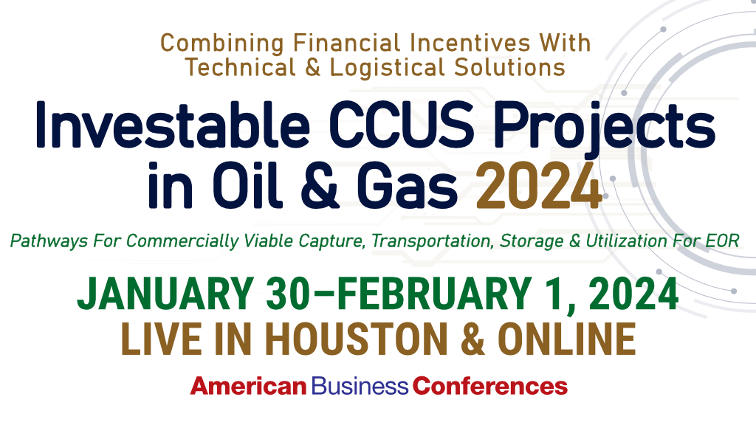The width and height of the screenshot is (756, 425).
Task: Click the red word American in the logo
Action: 248,385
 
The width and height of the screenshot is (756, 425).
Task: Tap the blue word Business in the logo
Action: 360,385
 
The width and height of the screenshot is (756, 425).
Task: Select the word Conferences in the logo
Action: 490,385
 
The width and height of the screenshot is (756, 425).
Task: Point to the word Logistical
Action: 383,67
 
